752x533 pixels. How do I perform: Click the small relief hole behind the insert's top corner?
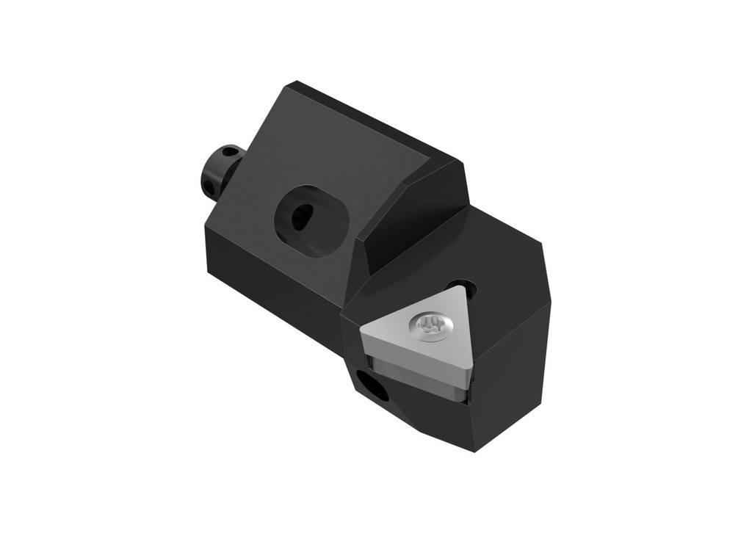(x=460, y=288)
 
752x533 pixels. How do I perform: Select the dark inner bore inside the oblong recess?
(x=302, y=217)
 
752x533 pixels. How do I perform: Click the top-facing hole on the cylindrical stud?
(x=232, y=152)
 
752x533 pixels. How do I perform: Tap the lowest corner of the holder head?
(x=473, y=449)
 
